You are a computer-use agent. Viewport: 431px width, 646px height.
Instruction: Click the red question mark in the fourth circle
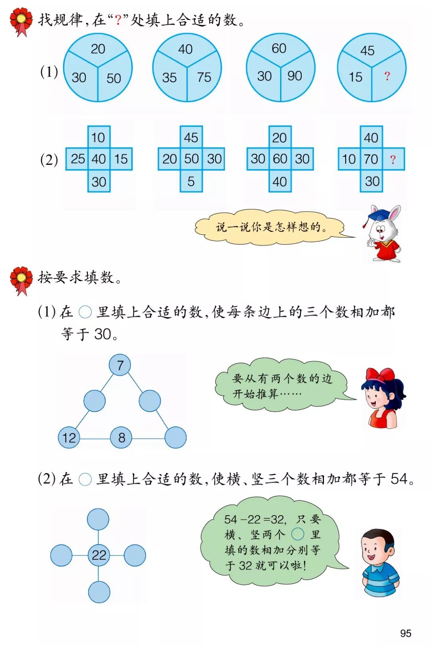click(387, 76)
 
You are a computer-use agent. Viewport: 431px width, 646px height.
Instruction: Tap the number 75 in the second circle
click(204, 77)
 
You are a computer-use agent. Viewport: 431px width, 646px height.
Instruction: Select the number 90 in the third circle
click(295, 76)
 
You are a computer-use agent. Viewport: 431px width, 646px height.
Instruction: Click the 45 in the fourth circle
click(367, 51)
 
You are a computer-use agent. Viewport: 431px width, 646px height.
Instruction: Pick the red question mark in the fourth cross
click(393, 160)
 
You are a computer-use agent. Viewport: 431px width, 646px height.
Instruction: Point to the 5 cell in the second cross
click(191, 181)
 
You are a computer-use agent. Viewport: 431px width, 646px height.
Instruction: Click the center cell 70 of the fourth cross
click(371, 159)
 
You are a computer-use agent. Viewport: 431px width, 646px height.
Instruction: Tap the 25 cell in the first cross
click(78, 159)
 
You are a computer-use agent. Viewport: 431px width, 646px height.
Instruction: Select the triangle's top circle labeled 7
click(120, 365)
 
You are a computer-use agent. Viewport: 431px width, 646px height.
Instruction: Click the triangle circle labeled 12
click(69, 437)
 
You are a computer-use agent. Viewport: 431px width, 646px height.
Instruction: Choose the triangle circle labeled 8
click(121, 437)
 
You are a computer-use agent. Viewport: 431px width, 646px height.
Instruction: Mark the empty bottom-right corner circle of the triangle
click(175, 437)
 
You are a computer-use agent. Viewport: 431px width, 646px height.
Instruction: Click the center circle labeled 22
click(99, 555)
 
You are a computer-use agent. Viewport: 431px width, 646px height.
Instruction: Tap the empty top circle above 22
click(98, 520)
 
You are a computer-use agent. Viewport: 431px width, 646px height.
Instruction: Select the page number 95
click(405, 633)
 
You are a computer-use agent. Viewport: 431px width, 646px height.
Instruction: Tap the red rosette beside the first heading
click(21, 21)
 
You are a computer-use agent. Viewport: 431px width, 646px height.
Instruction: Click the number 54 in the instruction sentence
click(399, 479)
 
